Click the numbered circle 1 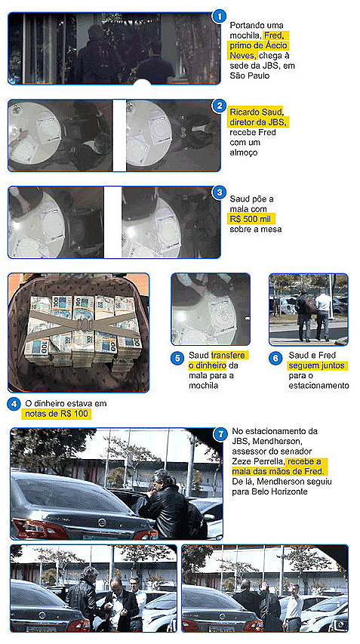pos(220,17)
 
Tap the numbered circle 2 pos(220,106)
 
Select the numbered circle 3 pos(220,193)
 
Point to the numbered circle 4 pos(14,404)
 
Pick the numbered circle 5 pos(177,358)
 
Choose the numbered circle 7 pos(221,433)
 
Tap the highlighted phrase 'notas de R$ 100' pos(57,414)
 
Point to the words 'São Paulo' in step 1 pos(250,75)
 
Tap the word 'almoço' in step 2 pos(245,153)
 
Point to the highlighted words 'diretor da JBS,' pos(260,122)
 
